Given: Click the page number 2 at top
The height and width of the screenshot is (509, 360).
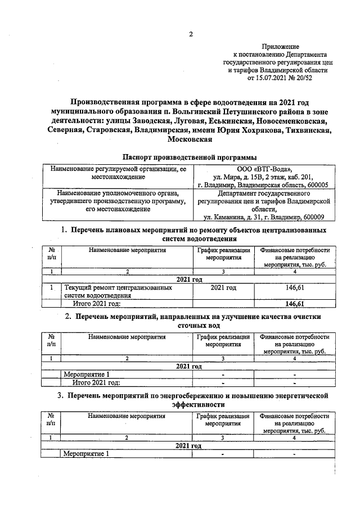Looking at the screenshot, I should (x=190, y=35).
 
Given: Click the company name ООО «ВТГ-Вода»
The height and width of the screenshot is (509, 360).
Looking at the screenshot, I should (x=264, y=169).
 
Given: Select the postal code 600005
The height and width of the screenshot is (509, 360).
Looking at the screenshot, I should (x=314, y=184).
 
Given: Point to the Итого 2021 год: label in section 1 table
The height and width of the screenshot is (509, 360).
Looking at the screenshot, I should (x=97, y=304).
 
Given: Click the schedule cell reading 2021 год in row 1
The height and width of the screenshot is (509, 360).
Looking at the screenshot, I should (x=223, y=287).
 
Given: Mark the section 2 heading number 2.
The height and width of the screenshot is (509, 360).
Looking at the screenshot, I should (x=67, y=317).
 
